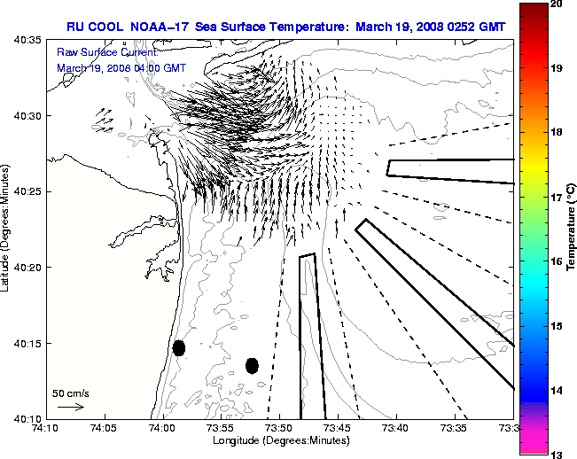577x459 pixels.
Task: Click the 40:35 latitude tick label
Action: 27,40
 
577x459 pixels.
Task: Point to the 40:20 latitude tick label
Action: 27,267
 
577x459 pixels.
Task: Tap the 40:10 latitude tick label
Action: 27,417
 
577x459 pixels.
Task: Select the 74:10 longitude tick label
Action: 46,428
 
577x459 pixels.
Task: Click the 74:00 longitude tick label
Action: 162,428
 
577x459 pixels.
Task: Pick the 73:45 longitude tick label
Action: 339,428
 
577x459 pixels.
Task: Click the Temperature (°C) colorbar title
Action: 573,229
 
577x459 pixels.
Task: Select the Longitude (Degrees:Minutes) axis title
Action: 279,440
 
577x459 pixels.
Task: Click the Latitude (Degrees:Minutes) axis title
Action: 6,229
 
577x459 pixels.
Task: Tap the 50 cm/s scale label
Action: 71,393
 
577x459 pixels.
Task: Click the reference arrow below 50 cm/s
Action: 70,407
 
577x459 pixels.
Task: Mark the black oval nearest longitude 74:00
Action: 179,347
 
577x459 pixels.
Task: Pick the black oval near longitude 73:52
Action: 252,365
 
